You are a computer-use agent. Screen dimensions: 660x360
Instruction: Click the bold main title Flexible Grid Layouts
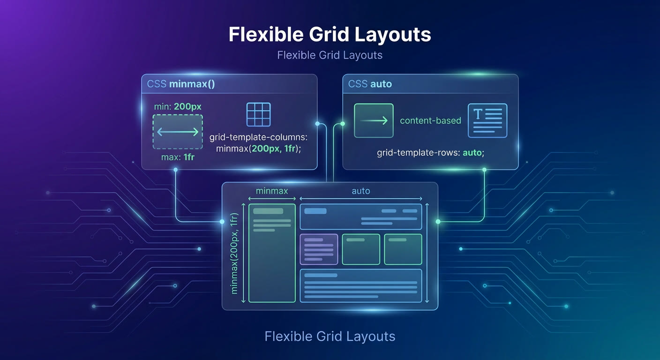[x=330, y=35]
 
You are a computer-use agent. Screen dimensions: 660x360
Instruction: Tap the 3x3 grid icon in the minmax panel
[x=258, y=114]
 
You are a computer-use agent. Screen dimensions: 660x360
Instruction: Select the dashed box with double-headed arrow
[x=178, y=132]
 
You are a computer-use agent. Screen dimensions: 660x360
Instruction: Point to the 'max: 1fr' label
[x=178, y=157]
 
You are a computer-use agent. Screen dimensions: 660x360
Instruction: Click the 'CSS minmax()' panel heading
[x=181, y=84]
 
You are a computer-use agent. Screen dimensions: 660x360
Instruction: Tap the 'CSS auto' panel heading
[x=370, y=84]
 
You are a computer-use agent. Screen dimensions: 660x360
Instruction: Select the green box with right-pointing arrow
[x=374, y=120]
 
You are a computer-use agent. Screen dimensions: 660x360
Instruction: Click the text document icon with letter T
[x=487, y=120]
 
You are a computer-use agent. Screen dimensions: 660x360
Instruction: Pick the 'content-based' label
[x=430, y=120]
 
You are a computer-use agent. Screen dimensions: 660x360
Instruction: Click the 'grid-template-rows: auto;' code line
[x=430, y=153]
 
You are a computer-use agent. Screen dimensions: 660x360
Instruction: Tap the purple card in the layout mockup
[x=319, y=249]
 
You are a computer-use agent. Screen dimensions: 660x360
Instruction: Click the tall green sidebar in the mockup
[x=272, y=253]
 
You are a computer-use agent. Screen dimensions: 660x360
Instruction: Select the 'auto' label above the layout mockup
[x=361, y=191]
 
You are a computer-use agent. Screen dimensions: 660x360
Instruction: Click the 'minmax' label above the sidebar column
[x=272, y=191]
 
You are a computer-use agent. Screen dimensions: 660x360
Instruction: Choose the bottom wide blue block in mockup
[x=361, y=286]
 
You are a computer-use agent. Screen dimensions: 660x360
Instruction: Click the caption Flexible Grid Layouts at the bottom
[x=330, y=337]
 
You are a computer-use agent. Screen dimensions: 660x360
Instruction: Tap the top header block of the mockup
[x=361, y=217]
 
